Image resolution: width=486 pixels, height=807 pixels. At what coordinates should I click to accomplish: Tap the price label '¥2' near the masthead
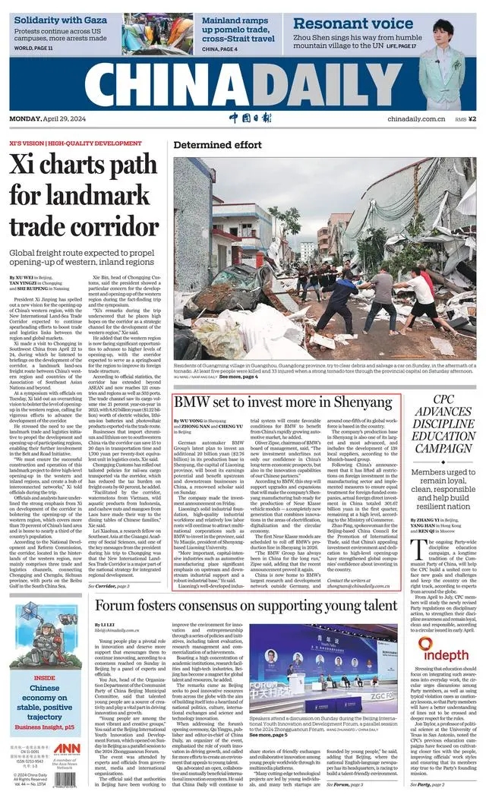pos(472,118)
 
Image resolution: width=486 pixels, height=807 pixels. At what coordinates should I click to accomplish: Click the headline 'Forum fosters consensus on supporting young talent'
pos(246,605)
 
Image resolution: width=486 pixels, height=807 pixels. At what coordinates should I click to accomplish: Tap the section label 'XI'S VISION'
pos(26,143)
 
